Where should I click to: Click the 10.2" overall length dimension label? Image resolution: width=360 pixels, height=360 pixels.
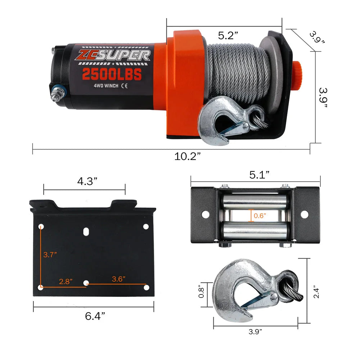tap(187, 156)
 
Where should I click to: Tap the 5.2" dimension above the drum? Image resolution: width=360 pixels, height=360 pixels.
tap(228, 36)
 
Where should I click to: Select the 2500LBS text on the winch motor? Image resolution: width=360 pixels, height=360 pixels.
tap(112, 74)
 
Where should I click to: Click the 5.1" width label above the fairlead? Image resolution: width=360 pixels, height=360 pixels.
tap(260, 175)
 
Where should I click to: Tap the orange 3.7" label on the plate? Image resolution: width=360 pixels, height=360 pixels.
tap(50, 255)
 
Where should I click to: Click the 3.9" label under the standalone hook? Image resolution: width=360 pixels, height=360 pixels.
tap(255, 332)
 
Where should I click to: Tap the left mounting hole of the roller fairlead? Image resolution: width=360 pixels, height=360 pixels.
tap(205, 215)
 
